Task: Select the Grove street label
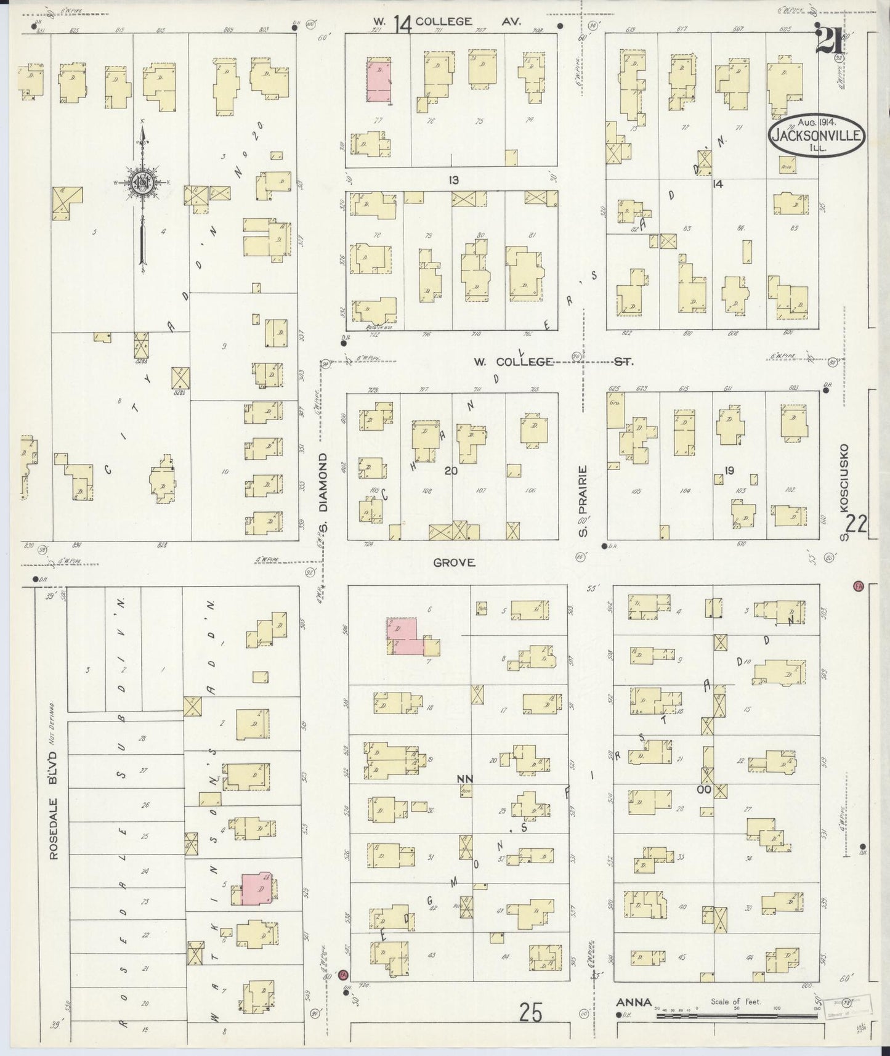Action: coord(454,563)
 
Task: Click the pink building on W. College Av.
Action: coord(380,81)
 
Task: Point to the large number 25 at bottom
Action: coord(530,1013)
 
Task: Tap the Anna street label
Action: coord(634,1002)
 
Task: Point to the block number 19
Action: coord(729,471)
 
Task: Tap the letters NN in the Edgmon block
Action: coord(464,779)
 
